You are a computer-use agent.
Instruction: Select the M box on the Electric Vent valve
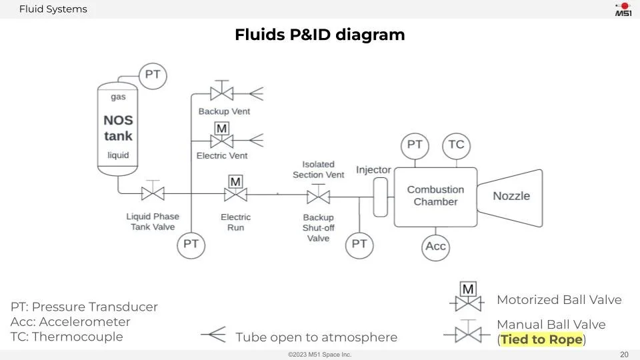(221, 129)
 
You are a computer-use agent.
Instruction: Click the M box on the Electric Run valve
(235, 181)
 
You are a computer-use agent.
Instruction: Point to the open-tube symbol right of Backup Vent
(256, 93)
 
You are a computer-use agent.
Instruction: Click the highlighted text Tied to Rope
(541, 339)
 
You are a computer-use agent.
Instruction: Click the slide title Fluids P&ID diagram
(320, 35)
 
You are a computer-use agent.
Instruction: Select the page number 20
(624, 354)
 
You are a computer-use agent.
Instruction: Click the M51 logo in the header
(623, 9)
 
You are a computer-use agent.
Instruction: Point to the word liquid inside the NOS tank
(119, 155)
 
